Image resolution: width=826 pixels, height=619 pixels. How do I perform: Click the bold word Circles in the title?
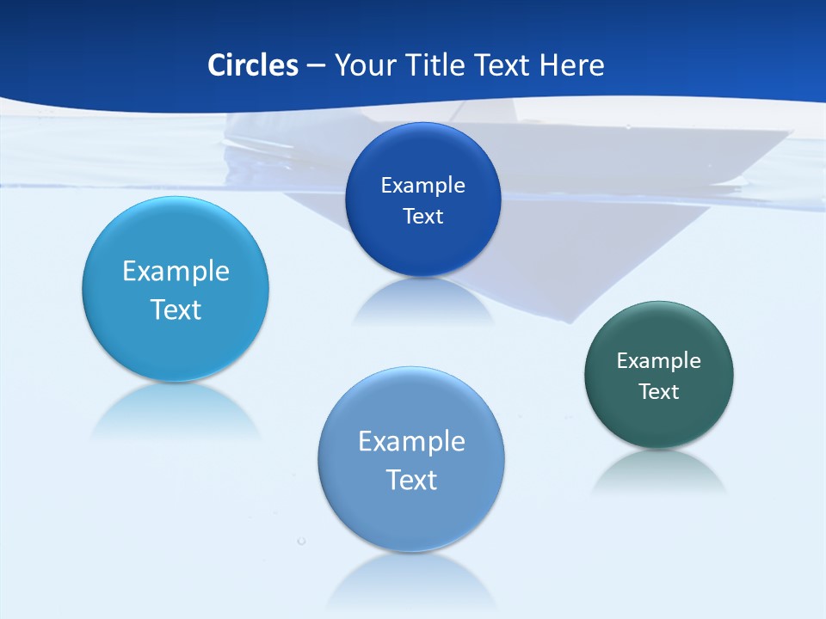[x=253, y=65]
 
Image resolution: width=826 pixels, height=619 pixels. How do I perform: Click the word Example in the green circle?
[x=659, y=361]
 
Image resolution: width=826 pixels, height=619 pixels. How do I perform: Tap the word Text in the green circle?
[x=659, y=392]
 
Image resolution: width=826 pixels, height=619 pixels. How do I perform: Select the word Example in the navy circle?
[x=423, y=186]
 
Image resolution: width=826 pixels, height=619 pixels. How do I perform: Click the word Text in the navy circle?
[x=423, y=217]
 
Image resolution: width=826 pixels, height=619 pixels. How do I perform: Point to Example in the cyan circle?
[x=176, y=272]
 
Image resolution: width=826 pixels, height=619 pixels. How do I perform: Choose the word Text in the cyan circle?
[x=176, y=309]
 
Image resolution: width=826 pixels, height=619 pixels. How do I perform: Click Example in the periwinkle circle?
[x=411, y=442]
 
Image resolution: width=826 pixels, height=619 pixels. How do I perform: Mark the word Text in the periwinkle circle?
[x=411, y=480]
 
